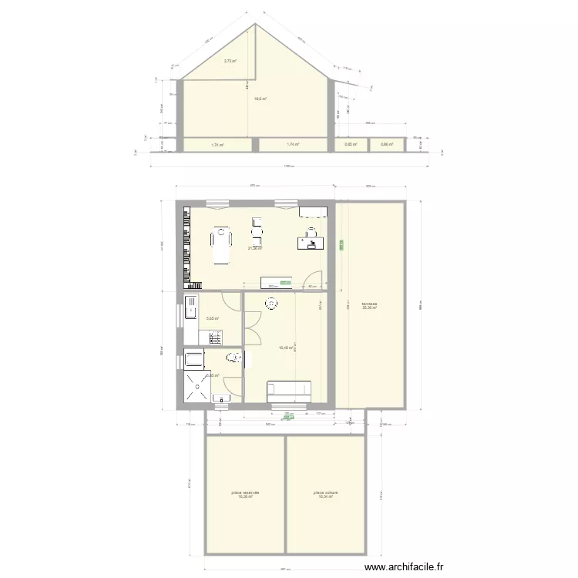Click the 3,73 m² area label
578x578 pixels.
[x=230, y=62]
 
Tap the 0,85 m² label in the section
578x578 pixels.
[x=351, y=144]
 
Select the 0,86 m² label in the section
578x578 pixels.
[x=387, y=144]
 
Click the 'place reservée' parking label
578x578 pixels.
[x=245, y=494]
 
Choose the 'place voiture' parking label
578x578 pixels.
[x=326, y=494]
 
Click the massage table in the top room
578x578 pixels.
[x=222, y=244]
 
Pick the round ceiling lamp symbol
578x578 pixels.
[x=271, y=304]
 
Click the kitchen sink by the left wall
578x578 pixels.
[x=190, y=311]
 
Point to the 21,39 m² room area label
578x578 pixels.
[x=255, y=248]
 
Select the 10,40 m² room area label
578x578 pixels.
[x=284, y=348]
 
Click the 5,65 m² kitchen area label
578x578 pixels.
[x=213, y=318]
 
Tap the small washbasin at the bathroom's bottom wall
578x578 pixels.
[x=221, y=398]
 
